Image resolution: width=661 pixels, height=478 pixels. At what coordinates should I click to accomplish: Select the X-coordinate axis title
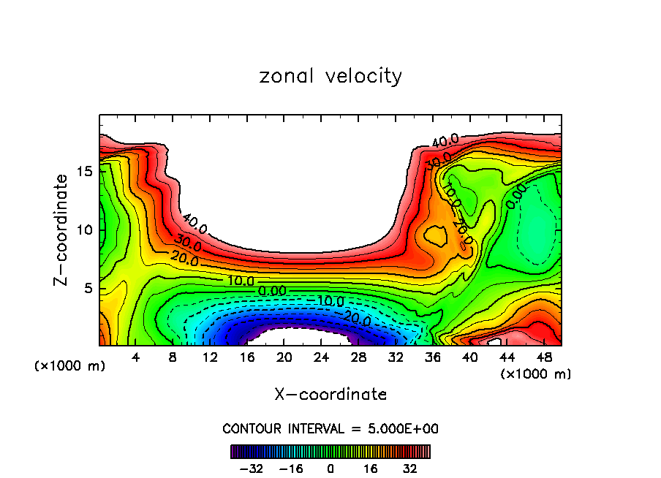330,395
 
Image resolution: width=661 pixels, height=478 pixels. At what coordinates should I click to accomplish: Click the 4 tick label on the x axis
136,357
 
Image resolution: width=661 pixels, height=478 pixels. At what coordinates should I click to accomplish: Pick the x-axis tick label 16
247,357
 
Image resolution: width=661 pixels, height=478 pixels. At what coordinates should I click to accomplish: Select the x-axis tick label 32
396,357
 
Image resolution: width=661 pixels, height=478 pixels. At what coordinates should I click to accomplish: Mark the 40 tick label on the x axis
469,357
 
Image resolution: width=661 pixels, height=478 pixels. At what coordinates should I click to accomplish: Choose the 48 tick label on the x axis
544,357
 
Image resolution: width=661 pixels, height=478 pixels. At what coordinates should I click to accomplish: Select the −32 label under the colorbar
250,468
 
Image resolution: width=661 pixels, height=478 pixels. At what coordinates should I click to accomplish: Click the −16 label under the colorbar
290,468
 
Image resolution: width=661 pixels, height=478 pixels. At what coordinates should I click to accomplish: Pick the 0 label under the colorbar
330,468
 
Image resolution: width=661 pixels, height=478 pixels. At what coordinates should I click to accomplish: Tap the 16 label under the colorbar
370,468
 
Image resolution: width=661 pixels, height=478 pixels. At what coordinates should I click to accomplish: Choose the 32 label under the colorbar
409,468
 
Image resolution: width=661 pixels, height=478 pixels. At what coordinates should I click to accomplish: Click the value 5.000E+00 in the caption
401,428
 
